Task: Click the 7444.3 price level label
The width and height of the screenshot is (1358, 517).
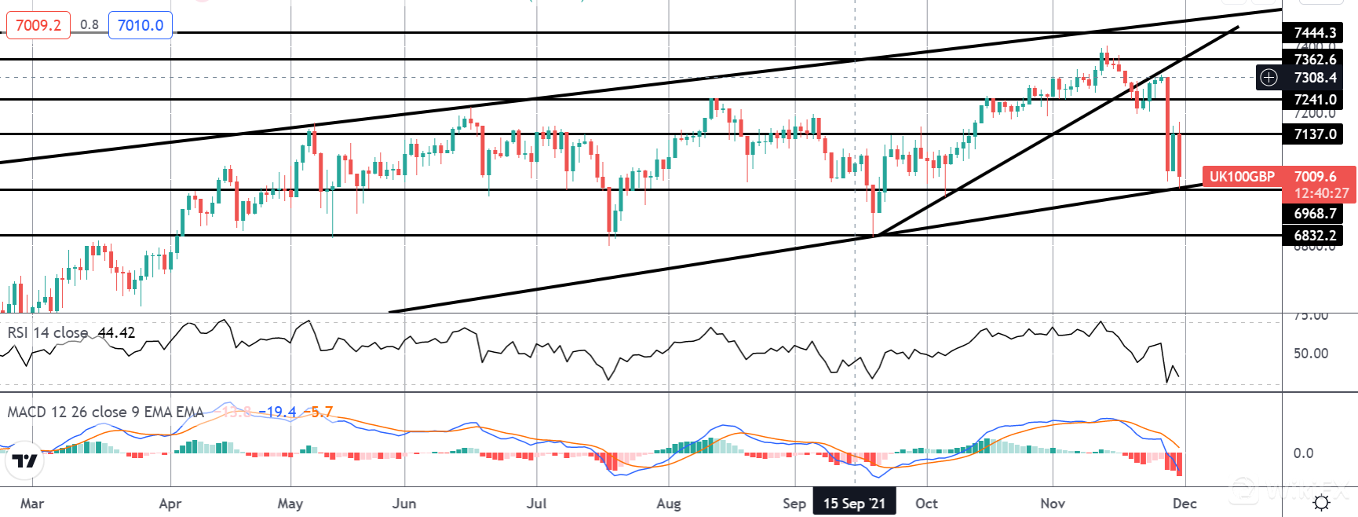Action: (x=1314, y=32)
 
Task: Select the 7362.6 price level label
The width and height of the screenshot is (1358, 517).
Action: (x=1314, y=59)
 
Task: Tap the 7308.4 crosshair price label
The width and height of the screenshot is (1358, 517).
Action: (x=1315, y=78)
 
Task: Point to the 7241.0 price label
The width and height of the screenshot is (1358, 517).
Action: (x=1314, y=100)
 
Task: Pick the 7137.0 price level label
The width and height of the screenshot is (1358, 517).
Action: (x=1314, y=134)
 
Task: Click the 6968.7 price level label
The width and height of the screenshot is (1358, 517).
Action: (x=1314, y=214)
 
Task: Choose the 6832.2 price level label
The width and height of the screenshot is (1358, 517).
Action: (x=1314, y=236)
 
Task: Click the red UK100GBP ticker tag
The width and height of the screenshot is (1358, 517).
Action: (x=1242, y=177)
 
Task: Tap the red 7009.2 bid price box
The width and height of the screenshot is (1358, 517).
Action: (x=38, y=25)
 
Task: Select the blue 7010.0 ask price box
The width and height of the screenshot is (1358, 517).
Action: (x=141, y=25)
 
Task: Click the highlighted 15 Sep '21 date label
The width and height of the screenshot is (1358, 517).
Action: (x=854, y=504)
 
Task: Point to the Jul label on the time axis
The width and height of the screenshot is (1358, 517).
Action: (x=537, y=504)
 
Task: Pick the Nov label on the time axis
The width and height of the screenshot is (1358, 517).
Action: (x=1053, y=504)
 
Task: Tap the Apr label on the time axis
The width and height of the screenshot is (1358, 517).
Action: (x=170, y=504)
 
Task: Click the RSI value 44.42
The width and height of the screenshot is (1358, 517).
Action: (x=116, y=333)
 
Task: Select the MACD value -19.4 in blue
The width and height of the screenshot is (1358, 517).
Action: (x=280, y=412)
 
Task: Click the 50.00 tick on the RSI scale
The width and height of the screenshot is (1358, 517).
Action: (x=1311, y=354)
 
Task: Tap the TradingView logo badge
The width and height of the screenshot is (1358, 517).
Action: (x=24, y=461)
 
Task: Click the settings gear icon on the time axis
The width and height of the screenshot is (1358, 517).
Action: (x=1321, y=503)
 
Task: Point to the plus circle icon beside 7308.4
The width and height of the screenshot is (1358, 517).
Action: (x=1269, y=77)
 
